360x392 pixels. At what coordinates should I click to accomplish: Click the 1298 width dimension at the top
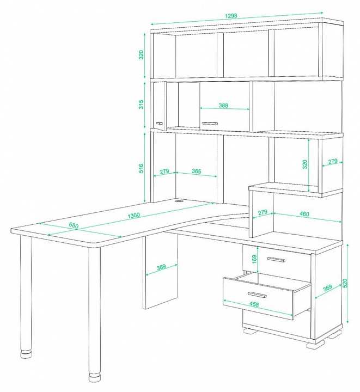click(231, 16)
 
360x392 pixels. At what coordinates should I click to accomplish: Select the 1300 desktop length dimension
click(133, 215)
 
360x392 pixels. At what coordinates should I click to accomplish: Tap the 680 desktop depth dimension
click(74, 225)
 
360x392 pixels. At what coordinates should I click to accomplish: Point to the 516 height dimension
click(141, 168)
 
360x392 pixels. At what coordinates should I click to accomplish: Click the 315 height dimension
click(141, 104)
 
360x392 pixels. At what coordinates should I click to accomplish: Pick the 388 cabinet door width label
click(223, 105)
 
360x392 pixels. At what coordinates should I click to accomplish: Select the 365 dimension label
click(197, 171)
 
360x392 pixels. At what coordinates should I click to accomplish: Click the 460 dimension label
click(304, 214)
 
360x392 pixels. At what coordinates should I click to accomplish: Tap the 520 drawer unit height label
click(345, 283)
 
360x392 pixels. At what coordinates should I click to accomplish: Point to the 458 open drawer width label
click(254, 304)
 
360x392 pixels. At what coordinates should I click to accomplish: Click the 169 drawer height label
click(254, 260)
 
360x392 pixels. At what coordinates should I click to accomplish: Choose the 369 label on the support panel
click(161, 267)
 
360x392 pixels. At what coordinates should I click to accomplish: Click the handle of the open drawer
click(257, 295)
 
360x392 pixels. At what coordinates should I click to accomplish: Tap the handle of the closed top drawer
click(276, 260)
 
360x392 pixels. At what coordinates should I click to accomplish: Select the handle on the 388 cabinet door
click(210, 123)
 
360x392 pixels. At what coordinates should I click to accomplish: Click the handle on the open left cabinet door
click(159, 123)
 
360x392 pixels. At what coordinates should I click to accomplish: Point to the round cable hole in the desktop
click(179, 200)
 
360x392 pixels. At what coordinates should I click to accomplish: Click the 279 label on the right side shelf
click(333, 162)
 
